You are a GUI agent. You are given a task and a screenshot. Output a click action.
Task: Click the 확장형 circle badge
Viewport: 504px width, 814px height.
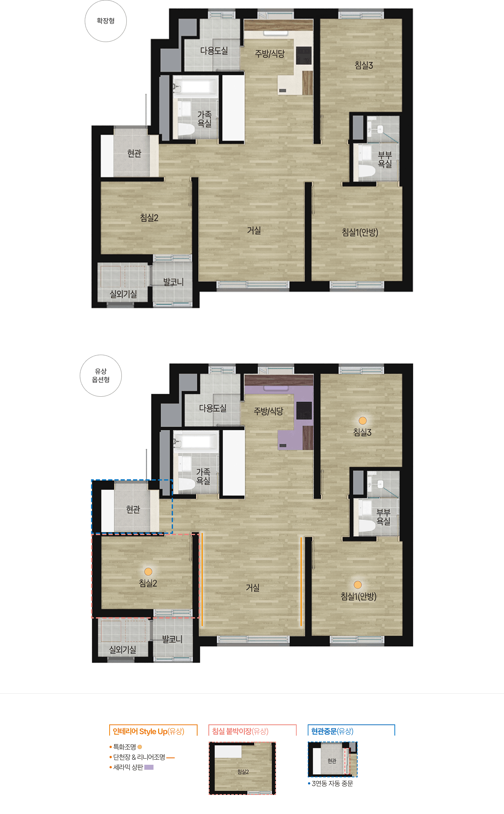tap(105, 21)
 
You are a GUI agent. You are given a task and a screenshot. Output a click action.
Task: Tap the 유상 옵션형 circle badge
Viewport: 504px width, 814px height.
tap(101, 376)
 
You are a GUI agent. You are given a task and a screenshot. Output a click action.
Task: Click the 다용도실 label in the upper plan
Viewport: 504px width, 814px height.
tap(214, 51)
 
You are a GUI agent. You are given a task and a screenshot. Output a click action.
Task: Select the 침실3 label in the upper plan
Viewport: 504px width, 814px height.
tap(363, 65)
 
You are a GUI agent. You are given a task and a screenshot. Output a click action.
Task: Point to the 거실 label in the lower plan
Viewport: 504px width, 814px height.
tap(253, 588)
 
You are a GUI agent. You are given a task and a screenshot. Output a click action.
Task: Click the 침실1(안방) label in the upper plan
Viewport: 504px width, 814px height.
tap(360, 232)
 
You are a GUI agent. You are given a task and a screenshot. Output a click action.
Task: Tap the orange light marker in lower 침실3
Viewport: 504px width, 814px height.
tap(363, 420)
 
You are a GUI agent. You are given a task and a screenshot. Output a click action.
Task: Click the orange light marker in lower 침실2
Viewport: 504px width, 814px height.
tap(148, 572)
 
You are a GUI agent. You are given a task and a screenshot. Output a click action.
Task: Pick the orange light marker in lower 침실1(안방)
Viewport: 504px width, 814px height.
tap(358, 585)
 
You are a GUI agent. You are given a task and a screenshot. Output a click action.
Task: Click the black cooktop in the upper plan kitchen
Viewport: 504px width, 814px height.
tap(304, 56)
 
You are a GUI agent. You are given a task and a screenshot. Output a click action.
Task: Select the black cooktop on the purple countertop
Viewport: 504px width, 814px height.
tap(304, 411)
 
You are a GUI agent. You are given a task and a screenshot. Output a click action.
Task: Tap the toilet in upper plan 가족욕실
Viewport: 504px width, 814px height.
tap(186, 130)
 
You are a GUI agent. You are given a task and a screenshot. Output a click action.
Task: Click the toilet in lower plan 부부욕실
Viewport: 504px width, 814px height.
tap(367, 526)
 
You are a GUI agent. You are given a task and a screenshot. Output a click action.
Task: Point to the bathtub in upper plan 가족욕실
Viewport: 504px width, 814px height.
tap(195, 87)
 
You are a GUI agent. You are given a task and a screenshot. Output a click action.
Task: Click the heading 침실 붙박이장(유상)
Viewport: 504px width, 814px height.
tap(240, 731)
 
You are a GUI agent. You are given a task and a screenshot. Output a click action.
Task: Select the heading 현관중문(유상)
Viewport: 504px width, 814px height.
tap(332, 731)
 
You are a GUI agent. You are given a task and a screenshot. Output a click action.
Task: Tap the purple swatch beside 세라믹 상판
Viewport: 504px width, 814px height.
tap(149, 767)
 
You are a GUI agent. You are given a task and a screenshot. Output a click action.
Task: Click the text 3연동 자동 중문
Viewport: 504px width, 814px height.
tap(332, 783)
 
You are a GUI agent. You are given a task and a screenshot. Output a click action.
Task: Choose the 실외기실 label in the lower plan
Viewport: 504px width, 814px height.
tap(123, 649)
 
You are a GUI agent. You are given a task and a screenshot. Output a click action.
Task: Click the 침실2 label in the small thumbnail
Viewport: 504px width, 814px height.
tap(243, 772)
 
